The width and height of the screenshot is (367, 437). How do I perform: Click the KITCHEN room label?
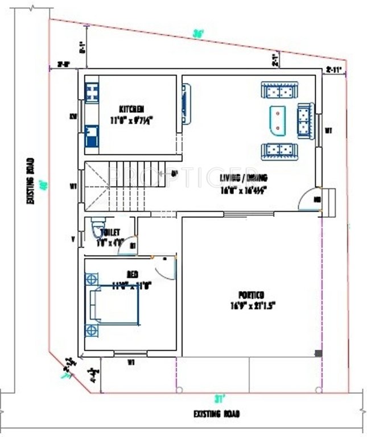pyautogui.click(x=131, y=109)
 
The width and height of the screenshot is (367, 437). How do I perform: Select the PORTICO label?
pyautogui.click(x=251, y=295)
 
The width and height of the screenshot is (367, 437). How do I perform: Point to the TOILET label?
pyautogui.click(x=109, y=232)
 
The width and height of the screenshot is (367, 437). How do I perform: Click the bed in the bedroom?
pyautogui.click(x=114, y=304)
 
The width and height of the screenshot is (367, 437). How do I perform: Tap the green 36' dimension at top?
pyautogui.click(x=198, y=34)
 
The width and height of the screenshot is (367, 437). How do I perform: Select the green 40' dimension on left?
pyautogui.click(x=42, y=185)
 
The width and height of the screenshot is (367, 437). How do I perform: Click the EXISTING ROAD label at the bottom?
pyautogui.click(x=216, y=414)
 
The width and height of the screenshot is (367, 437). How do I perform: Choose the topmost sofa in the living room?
pyautogui.click(x=279, y=90)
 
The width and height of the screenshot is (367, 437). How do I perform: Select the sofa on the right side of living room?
pyautogui.click(x=306, y=121)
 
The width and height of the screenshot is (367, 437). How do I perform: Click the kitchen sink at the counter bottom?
pyautogui.click(x=92, y=137)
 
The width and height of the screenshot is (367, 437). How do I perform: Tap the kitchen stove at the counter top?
pyautogui.click(x=92, y=91)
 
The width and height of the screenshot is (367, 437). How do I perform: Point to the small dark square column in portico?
pyautogui.click(x=317, y=354)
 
